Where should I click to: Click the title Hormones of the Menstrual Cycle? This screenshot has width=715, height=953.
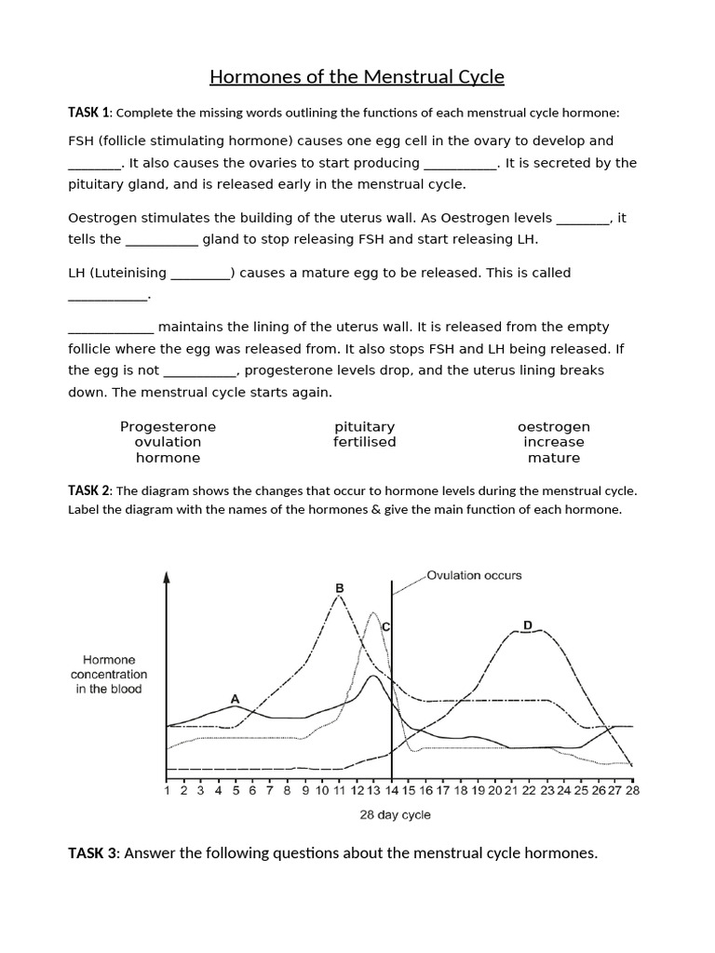pyautogui.click(x=357, y=76)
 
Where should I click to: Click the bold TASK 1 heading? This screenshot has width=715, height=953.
pyautogui.click(x=89, y=113)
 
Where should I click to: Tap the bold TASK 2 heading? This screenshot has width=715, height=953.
pyautogui.click(x=89, y=490)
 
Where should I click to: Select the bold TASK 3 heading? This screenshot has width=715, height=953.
pyautogui.click(x=93, y=852)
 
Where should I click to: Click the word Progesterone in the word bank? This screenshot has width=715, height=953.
pyautogui.click(x=168, y=426)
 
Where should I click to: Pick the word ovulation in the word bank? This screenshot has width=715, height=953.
pyautogui.click(x=168, y=442)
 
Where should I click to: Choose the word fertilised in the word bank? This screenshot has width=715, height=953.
pyautogui.click(x=364, y=442)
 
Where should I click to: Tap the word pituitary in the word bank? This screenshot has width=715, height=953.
pyautogui.click(x=364, y=426)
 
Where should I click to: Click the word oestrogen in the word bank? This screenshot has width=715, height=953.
pyautogui.click(x=553, y=426)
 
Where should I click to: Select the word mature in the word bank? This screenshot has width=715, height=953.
pyautogui.click(x=553, y=458)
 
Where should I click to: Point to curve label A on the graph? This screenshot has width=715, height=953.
pyautogui.click(x=235, y=698)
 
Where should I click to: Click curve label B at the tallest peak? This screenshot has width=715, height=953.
pyautogui.click(x=339, y=588)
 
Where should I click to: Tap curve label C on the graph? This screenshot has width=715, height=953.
pyautogui.click(x=385, y=628)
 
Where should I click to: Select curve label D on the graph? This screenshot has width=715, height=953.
pyautogui.click(x=527, y=625)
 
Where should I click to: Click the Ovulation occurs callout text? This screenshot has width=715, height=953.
pyautogui.click(x=474, y=575)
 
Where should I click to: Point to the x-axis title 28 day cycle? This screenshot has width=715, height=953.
pyautogui.click(x=396, y=815)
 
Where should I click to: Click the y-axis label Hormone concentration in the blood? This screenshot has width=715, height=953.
pyautogui.click(x=109, y=675)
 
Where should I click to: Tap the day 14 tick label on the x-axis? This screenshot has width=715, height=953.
pyautogui.click(x=392, y=791)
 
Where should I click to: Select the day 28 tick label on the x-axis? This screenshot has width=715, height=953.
pyautogui.click(x=632, y=791)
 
